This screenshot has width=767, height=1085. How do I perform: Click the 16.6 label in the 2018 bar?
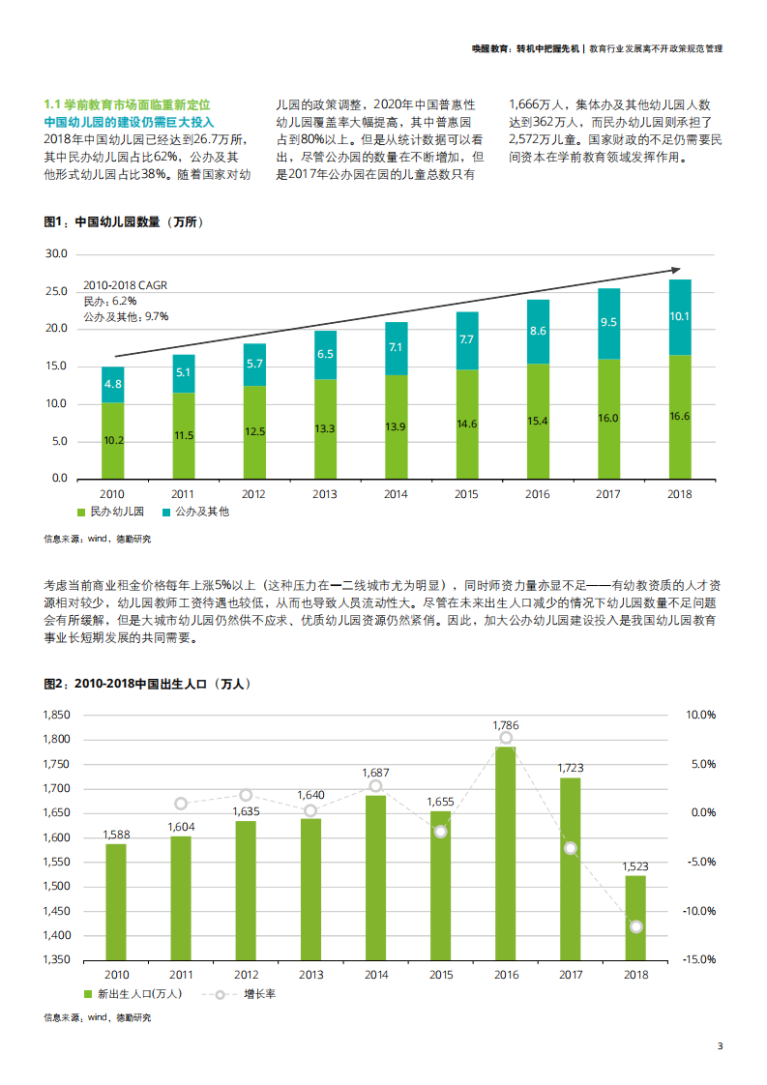pyautogui.click(x=679, y=416)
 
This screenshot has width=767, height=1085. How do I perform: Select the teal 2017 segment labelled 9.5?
pyautogui.click(x=608, y=323)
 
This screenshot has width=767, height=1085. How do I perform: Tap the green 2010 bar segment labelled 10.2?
pyautogui.click(x=113, y=440)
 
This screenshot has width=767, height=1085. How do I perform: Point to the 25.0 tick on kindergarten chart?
pyautogui.click(x=56, y=291)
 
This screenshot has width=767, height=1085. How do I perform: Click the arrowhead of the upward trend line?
pyautogui.click(x=675, y=270)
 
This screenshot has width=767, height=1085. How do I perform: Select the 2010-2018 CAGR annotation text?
pyautogui.click(x=125, y=285)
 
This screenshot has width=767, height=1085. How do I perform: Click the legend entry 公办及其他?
pyautogui.click(x=201, y=511)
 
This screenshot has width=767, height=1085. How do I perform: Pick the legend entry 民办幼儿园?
pyautogui.click(x=116, y=511)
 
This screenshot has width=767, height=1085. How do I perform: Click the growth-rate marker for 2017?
pyautogui.click(x=571, y=848)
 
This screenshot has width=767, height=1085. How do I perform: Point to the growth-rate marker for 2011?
pyautogui.click(x=181, y=804)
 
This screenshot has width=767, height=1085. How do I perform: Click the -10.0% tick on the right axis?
pyautogui.click(x=701, y=911)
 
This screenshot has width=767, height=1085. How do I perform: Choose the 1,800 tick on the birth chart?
pyautogui.click(x=57, y=739)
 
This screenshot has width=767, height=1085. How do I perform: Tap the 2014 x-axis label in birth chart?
pyautogui.click(x=376, y=975)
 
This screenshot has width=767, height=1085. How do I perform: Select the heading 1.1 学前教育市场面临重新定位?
pyautogui.click(x=128, y=103)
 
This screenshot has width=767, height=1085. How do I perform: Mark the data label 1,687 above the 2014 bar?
pyautogui.click(x=375, y=773)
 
